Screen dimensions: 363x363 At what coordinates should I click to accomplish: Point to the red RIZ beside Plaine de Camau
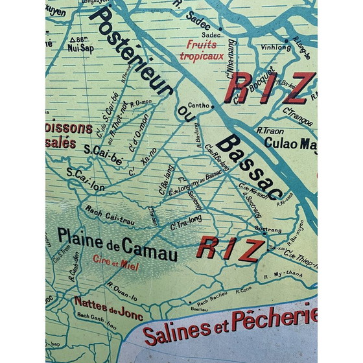click(231, 250)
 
